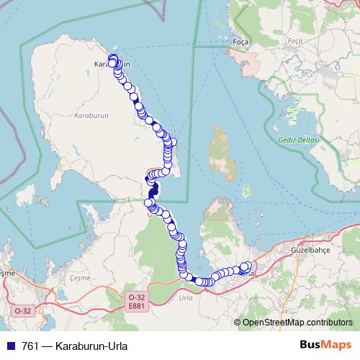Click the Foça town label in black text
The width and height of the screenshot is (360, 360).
tap(240, 42)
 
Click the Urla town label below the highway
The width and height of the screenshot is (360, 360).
tap(186, 297)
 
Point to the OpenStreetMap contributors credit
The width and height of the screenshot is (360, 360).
tap(297, 322)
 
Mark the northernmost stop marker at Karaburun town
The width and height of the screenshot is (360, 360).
tap(112, 58)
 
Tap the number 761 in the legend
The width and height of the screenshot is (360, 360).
tap(32, 344)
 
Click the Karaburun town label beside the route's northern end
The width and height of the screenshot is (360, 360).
tap(103, 64)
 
